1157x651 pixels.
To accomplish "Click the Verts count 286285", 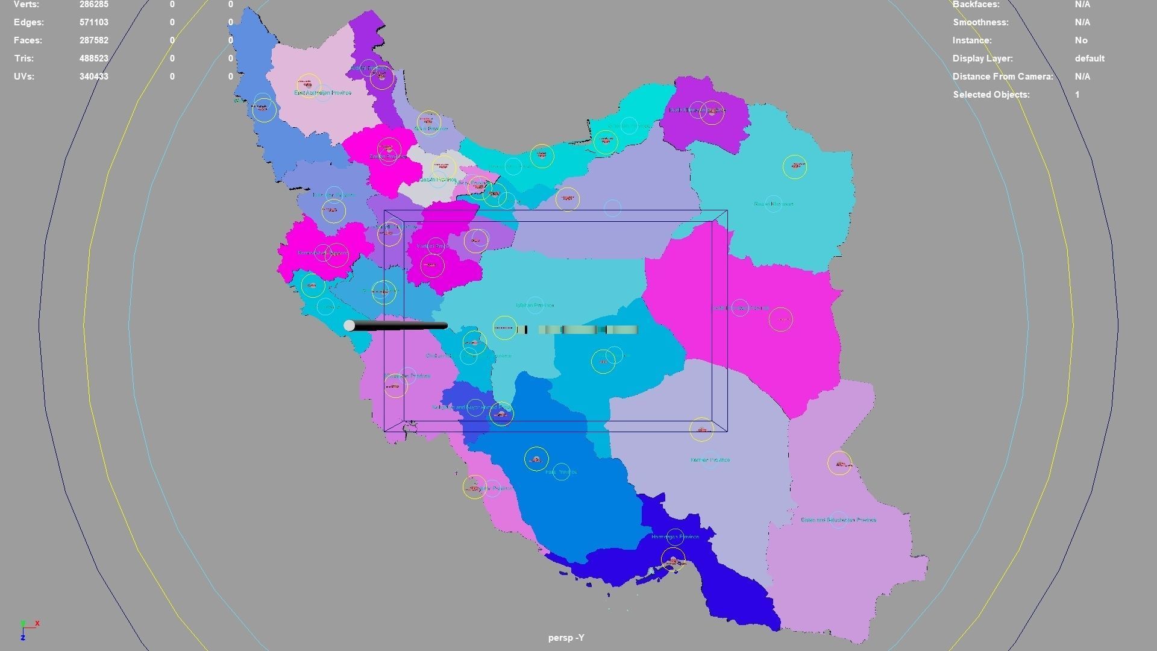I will [94, 5].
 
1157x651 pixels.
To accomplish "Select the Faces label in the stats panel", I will [28, 40].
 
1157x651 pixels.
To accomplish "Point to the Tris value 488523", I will [94, 58].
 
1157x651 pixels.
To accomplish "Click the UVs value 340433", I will [94, 77].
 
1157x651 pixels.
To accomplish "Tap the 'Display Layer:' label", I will [982, 58].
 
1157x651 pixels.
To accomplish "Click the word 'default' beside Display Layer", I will [1089, 58].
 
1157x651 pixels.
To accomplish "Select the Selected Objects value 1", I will [1077, 95].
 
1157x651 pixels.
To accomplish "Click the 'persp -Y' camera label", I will [566, 638].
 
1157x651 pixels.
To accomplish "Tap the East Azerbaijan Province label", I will [322, 93].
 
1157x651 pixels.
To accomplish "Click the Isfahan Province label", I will [535, 306].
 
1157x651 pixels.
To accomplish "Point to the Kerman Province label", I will [710, 460].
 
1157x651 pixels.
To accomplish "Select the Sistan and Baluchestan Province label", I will [838, 520].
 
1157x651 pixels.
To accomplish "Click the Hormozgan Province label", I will [675, 536].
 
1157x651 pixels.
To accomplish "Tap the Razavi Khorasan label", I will [773, 204].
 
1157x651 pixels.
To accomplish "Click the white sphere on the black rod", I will [349, 325].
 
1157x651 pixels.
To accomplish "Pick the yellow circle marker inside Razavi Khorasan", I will [794, 167].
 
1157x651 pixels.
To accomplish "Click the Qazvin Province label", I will [438, 180].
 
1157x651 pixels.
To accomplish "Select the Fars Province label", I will [561, 472].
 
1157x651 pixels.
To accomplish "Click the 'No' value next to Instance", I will [1080, 40].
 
